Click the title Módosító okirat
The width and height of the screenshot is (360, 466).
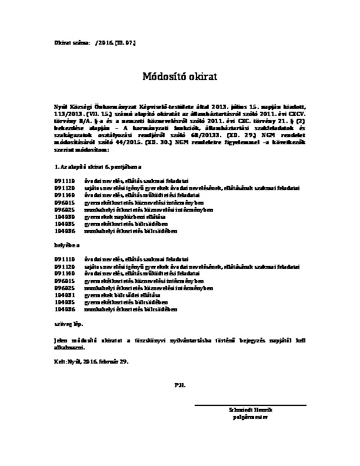(x=180, y=76)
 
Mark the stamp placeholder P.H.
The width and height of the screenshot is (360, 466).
(x=180, y=384)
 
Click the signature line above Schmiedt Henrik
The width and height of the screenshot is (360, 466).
(x=250, y=405)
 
